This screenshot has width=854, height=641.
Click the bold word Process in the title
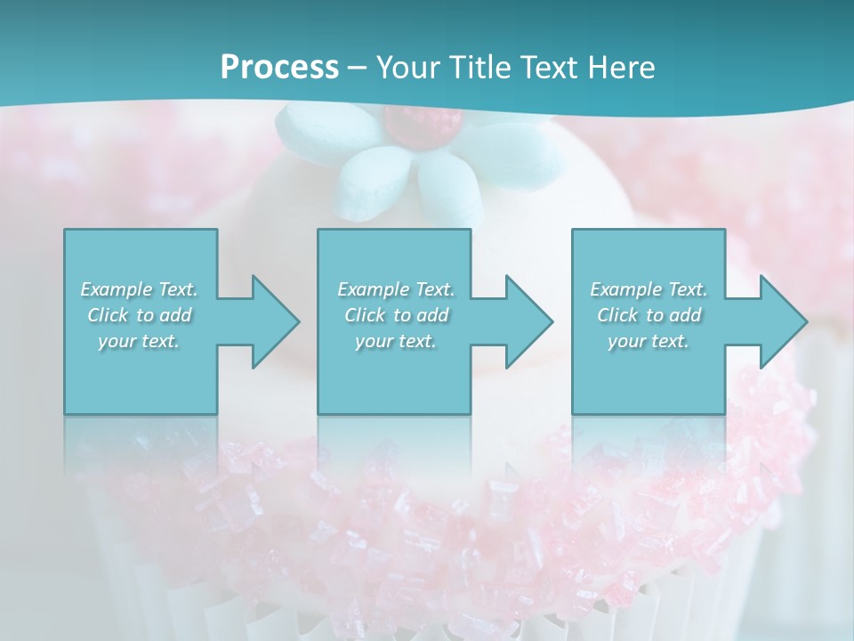(x=279, y=68)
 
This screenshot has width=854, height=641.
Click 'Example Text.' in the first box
(x=139, y=289)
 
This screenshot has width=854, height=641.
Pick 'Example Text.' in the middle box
(x=396, y=289)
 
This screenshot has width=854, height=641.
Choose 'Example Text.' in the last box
(x=649, y=289)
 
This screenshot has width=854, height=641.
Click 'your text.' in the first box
(x=139, y=341)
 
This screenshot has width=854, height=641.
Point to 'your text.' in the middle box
(x=396, y=341)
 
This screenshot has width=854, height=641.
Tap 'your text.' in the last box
(x=649, y=341)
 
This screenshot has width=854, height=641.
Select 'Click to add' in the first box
(x=139, y=315)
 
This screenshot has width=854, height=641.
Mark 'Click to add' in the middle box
(x=396, y=315)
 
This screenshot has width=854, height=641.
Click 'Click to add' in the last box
(x=649, y=315)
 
